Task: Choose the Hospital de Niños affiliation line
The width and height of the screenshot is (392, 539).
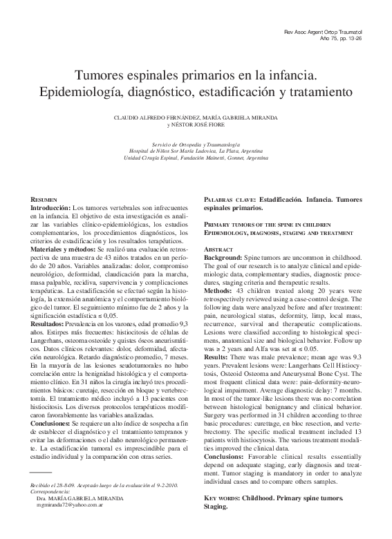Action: click(x=196, y=150)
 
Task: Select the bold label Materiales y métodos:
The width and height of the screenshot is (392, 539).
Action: click(x=68, y=249)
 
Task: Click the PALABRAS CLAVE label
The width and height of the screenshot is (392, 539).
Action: click(x=229, y=199)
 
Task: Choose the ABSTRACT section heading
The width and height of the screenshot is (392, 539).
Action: click(x=218, y=248)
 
